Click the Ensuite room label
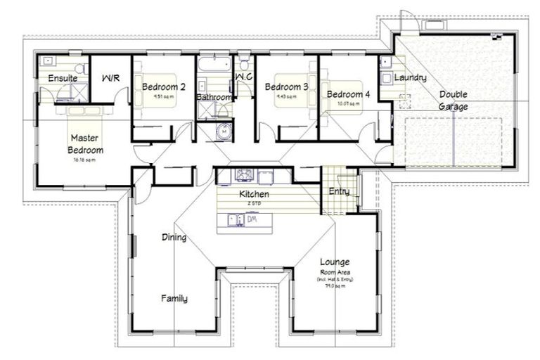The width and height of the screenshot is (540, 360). pyautogui.click(x=63, y=78)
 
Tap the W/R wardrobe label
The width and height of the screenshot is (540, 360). pyautogui.click(x=111, y=78)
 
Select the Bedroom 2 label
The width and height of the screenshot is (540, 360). pyautogui.click(x=163, y=86)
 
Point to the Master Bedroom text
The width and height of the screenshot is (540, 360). pyautogui.click(x=85, y=144)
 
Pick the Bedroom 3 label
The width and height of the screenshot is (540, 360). pyautogui.click(x=286, y=86)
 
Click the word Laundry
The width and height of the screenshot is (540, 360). pyautogui.click(x=409, y=78)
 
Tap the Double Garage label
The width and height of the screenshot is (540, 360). pyautogui.click(x=454, y=100)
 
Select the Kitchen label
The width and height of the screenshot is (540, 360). pyautogui.click(x=254, y=193)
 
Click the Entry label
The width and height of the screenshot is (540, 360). pyautogui.click(x=339, y=191)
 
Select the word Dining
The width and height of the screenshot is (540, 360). pyautogui.click(x=174, y=237)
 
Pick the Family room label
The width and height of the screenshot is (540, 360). pyautogui.click(x=174, y=298)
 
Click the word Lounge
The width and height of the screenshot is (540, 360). pyautogui.click(x=335, y=262)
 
